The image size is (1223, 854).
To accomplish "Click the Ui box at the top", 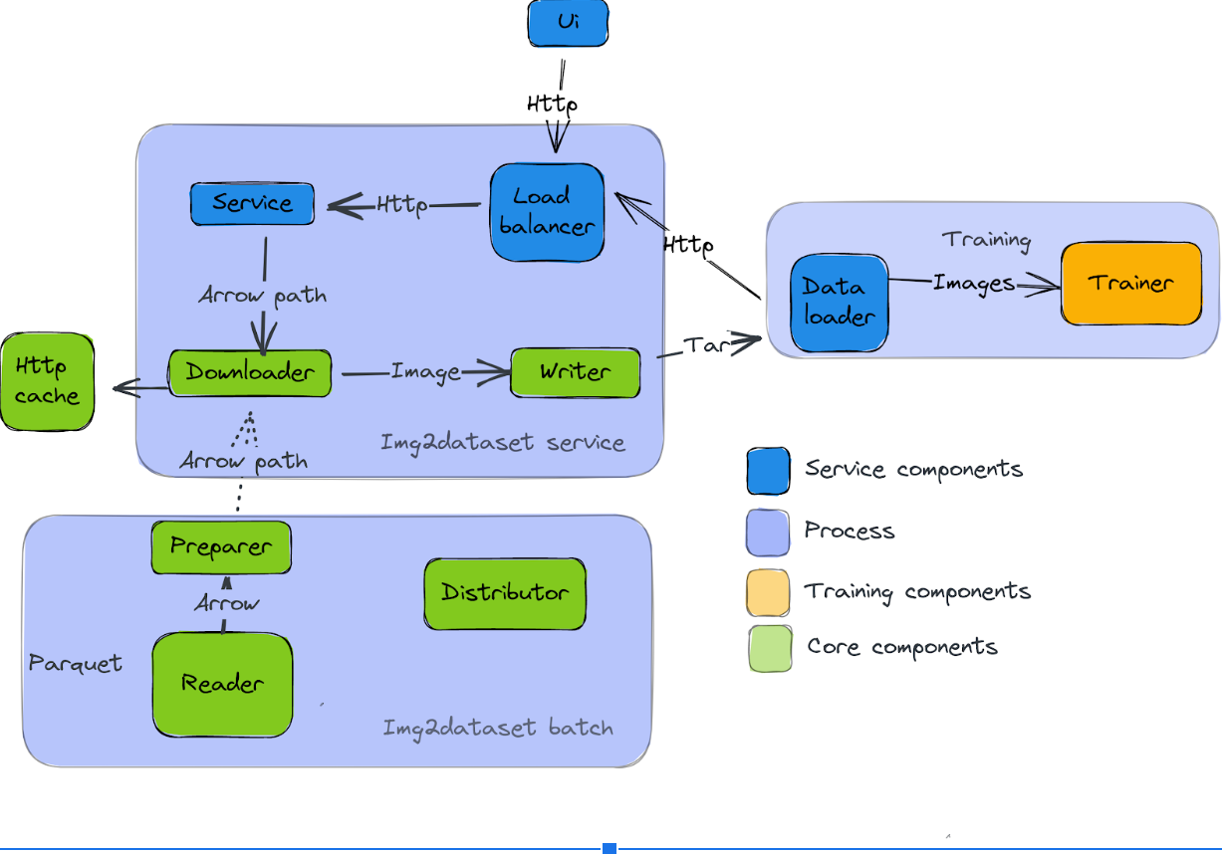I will (568, 23).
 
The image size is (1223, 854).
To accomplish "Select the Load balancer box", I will (547, 212).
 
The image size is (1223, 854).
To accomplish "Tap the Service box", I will (252, 203).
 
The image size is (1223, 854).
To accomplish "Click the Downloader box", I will (250, 373).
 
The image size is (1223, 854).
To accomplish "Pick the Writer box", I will (575, 372).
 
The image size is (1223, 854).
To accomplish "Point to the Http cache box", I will (47, 382).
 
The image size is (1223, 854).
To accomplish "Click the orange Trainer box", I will (1131, 283).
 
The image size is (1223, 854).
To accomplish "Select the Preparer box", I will (221, 546).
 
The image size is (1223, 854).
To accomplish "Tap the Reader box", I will (222, 684).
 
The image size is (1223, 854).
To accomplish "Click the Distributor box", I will (505, 593).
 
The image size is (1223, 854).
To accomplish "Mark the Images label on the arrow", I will (973, 284).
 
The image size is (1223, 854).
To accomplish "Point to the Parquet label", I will (76, 663).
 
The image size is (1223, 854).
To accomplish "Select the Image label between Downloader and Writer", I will (425, 371).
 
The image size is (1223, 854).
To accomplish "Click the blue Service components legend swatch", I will (768, 470).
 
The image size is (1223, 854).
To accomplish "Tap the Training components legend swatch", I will (767, 592).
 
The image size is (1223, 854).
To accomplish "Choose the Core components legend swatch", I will (770, 648).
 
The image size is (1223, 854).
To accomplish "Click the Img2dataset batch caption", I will (498, 728).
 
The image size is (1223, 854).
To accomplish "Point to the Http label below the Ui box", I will (552, 104).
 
